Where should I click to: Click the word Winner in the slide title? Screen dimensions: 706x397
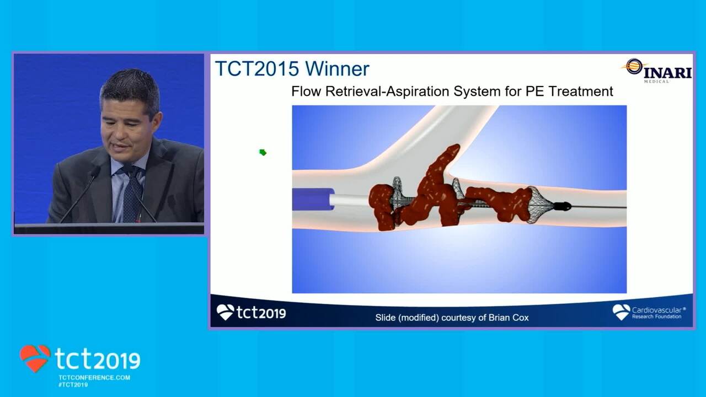pos(337,68)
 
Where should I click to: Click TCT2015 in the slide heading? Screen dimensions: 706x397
pos(257,68)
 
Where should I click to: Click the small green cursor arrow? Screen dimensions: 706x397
pos(263,153)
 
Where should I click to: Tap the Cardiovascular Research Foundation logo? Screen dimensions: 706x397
pos(649,312)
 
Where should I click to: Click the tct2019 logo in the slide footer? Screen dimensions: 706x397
pos(251,312)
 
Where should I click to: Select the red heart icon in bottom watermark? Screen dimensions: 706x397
pos(35,358)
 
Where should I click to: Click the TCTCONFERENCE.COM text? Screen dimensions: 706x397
pos(94,378)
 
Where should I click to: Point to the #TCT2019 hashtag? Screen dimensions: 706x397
pos(73,385)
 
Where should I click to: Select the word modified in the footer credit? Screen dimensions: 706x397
pos(418,318)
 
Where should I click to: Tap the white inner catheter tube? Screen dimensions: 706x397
pos(349,200)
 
